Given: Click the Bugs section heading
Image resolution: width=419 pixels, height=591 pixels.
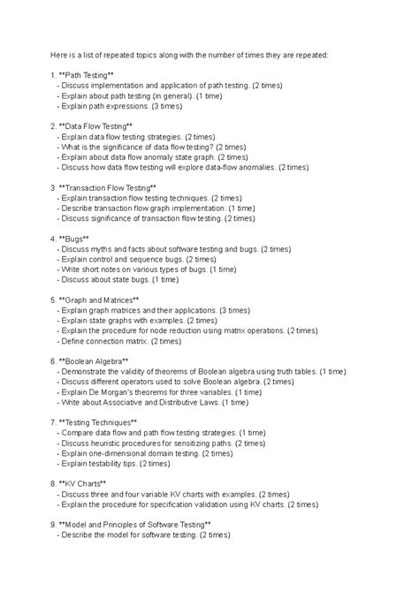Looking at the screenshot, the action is coord(79,239).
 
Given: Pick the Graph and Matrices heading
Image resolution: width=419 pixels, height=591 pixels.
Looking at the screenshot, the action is coord(96,299).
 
